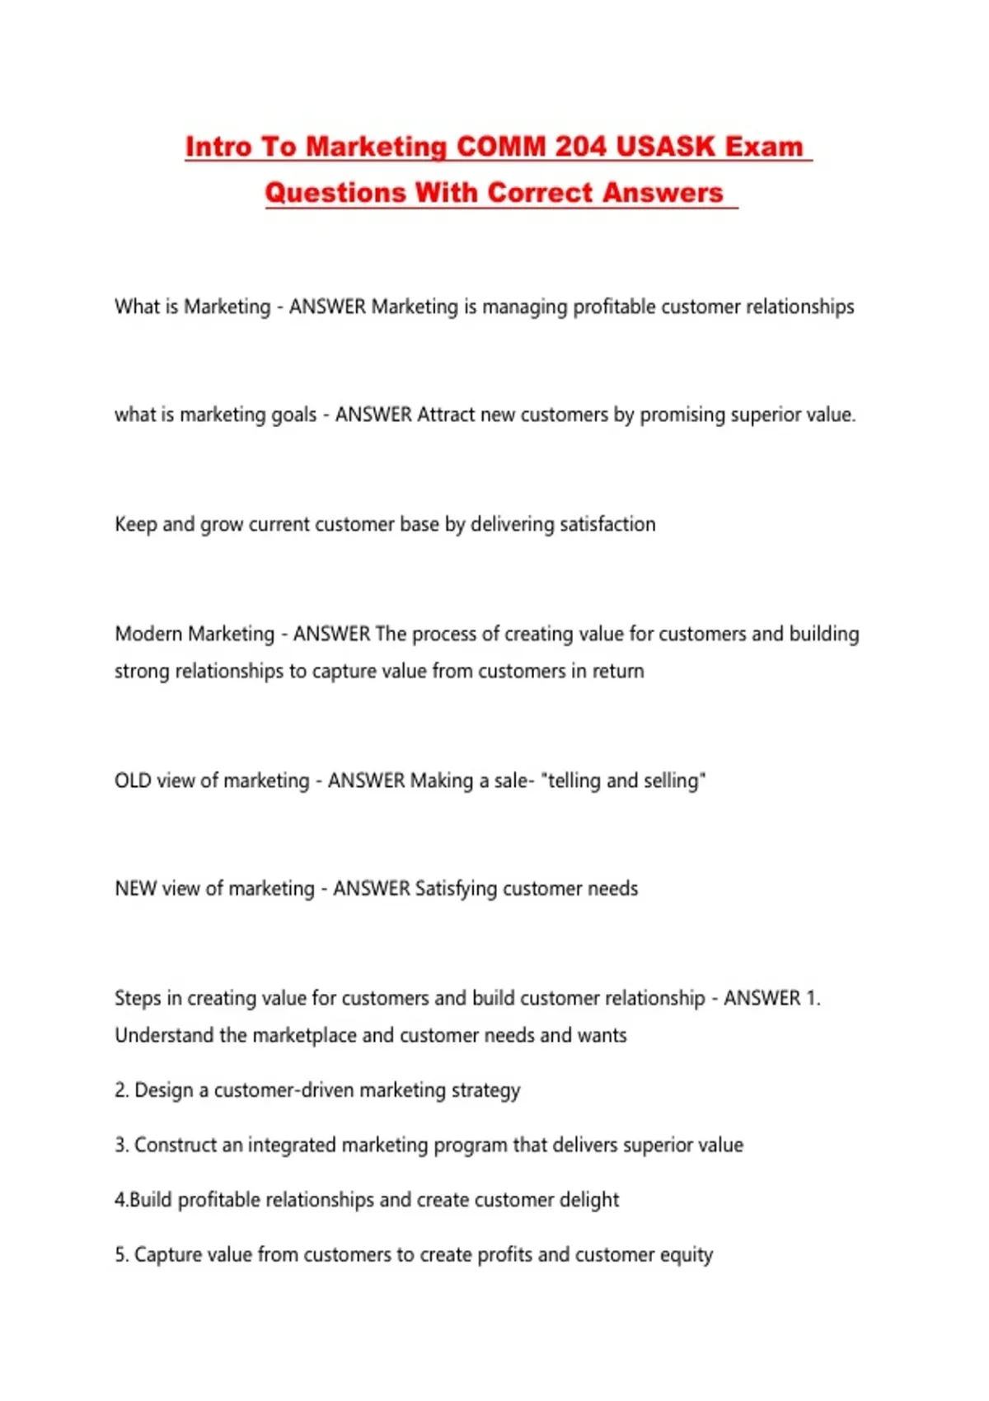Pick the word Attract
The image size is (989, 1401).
tap(446, 415)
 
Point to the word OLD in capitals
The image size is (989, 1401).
tap(133, 780)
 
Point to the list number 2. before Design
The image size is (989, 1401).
tap(121, 1090)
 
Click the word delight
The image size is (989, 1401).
tap(588, 1200)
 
